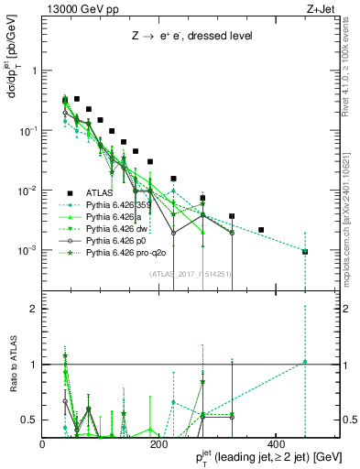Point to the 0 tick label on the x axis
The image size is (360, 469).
pos(44,443)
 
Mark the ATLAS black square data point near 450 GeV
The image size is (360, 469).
pos(305,252)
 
